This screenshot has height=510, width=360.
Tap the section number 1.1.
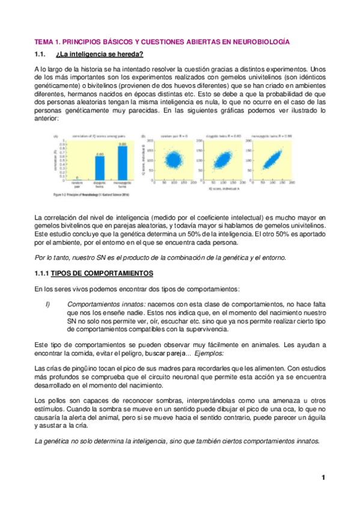tap(40, 56)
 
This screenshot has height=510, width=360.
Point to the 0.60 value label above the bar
tap(101, 153)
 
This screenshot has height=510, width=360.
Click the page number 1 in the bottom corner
tap(323, 478)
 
